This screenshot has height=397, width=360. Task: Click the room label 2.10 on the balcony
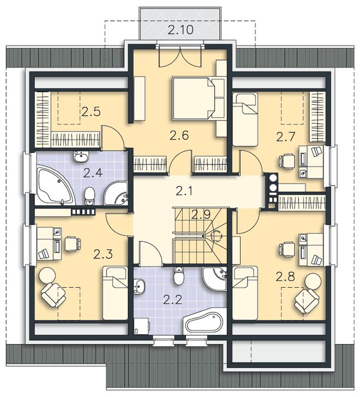(x=181, y=30)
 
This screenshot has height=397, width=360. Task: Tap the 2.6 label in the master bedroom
(x=179, y=135)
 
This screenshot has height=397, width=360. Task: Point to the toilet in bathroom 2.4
(x=89, y=195)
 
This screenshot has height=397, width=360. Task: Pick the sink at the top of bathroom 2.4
(x=81, y=157)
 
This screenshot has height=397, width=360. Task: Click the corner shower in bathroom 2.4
(x=116, y=193)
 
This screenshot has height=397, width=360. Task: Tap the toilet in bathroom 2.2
(x=179, y=275)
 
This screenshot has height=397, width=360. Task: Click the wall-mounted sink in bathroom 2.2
(x=139, y=286)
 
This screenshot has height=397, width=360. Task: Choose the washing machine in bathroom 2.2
(x=142, y=326)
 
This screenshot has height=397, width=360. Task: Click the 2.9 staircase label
(x=201, y=215)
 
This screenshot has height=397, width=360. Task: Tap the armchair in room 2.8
(x=307, y=301)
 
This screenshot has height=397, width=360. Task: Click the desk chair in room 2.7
(x=287, y=161)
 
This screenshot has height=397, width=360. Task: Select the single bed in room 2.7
(x=245, y=119)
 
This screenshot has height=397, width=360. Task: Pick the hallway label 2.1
(x=184, y=191)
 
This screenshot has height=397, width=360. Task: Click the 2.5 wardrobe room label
(x=91, y=111)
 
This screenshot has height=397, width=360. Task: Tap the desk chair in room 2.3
(x=73, y=244)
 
